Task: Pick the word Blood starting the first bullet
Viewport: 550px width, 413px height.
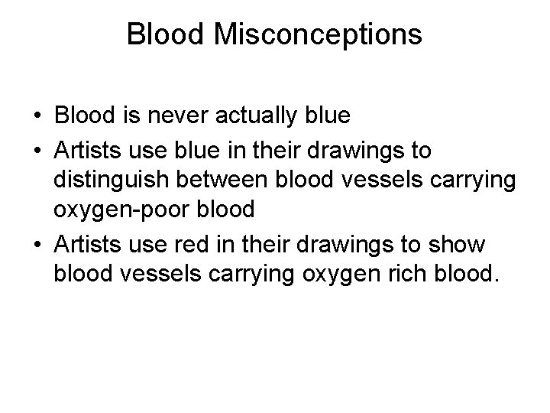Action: pos(85,116)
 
